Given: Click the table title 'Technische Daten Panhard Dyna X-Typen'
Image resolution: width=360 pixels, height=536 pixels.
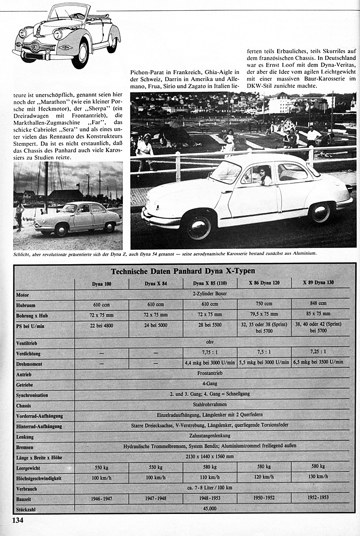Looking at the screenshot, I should [183, 271].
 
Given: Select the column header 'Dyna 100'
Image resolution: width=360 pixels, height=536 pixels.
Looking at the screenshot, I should [102, 284].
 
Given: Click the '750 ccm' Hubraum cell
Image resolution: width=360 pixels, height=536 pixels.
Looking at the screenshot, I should [264, 304].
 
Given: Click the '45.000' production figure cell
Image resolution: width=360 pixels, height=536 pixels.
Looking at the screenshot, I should [210, 508].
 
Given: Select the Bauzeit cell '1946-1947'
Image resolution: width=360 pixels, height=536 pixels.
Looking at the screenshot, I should [102, 498].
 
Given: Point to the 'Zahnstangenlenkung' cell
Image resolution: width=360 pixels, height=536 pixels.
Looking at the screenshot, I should [210, 436].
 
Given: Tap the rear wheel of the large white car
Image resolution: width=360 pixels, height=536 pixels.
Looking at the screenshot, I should [321, 212].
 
